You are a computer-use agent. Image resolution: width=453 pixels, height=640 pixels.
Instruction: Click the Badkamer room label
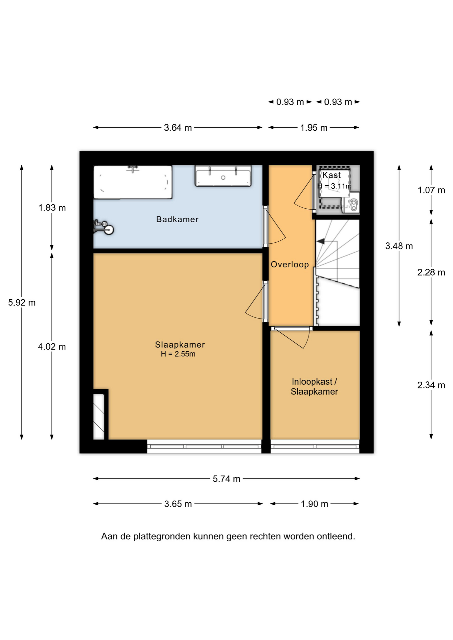click(x=177, y=219)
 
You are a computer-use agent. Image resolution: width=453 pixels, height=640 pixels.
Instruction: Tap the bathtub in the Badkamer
click(x=133, y=182)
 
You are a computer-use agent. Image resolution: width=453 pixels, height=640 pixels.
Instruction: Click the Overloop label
click(x=290, y=264)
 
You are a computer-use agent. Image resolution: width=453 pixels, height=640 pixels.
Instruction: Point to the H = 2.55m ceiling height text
click(x=178, y=354)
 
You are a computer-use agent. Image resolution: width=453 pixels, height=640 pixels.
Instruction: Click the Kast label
click(x=331, y=175)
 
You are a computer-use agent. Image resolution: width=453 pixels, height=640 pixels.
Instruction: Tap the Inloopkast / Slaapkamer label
click(x=314, y=387)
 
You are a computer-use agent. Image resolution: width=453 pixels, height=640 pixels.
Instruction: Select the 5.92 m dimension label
click(x=22, y=303)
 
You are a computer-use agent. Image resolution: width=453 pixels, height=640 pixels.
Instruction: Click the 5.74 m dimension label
click(x=226, y=479)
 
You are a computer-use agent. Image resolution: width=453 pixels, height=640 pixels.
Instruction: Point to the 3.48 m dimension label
click(x=399, y=246)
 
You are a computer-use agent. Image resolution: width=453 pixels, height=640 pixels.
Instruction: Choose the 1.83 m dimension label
click(x=52, y=208)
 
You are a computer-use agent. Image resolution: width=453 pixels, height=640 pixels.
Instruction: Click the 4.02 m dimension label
click(x=52, y=347)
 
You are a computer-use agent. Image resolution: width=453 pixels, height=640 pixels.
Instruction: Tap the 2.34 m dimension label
click(x=431, y=385)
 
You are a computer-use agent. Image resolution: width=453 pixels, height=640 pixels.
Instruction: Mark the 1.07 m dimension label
click(x=431, y=190)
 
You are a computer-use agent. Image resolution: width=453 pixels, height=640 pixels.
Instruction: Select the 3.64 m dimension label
click(x=178, y=128)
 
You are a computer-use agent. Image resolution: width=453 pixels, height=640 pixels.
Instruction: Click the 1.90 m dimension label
click(x=314, y=504)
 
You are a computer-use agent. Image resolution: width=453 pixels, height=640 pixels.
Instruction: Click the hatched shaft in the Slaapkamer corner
click(x=99, y=417)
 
